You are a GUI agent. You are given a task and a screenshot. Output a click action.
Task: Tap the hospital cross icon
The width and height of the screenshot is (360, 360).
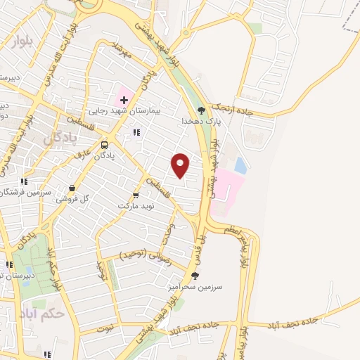click(x=124, y=100)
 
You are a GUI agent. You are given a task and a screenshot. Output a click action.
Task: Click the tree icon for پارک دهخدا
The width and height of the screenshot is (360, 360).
click(x=202, y=110)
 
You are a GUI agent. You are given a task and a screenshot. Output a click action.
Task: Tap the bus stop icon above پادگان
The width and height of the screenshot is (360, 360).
click(x=104, y=140)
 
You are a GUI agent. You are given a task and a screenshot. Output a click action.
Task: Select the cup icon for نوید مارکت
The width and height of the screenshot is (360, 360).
click(x=136, y=195)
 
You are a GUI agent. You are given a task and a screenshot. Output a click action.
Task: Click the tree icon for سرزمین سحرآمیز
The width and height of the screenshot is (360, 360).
click(x=195, y=276)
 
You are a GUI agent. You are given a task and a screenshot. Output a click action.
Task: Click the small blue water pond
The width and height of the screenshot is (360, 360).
click(x=240, y=165)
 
